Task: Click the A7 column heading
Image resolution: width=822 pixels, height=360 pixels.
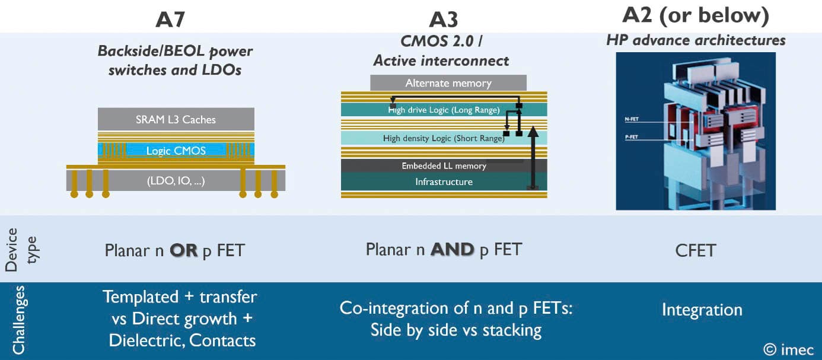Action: [171, 20]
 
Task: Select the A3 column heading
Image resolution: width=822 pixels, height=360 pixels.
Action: [443, 20]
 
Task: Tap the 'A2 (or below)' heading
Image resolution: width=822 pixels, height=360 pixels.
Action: [696, 17]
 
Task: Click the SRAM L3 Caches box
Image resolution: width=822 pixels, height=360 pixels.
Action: [176, 119]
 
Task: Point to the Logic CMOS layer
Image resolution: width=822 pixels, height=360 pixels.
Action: [176, 151]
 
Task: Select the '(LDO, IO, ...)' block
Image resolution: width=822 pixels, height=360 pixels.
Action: [176, 181]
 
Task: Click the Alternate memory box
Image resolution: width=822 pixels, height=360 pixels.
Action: [448, 83]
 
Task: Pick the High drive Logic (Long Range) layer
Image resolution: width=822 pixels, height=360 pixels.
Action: [444, 110]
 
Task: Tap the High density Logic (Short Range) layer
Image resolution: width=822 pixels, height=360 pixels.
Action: [444, 138]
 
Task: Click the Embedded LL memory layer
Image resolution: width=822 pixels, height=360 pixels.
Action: [444, 165]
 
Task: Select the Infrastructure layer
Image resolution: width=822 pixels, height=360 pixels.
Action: [444, 181]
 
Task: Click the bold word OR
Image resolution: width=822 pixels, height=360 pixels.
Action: [183, 250]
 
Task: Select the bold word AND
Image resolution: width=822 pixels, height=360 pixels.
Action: [452, 250]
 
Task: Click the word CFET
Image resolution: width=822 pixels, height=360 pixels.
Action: [695, 251]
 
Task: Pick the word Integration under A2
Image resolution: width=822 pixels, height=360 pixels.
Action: [702, 310]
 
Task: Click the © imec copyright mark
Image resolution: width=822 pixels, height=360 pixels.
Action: [788, 349]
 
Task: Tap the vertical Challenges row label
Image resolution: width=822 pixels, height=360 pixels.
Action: [18, 320]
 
